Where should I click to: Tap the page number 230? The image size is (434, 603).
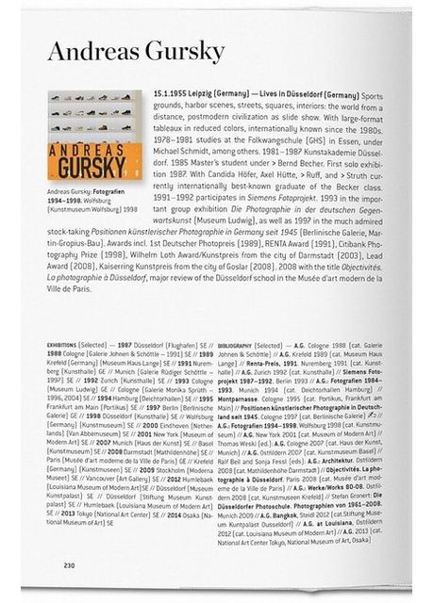click(69, 565)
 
